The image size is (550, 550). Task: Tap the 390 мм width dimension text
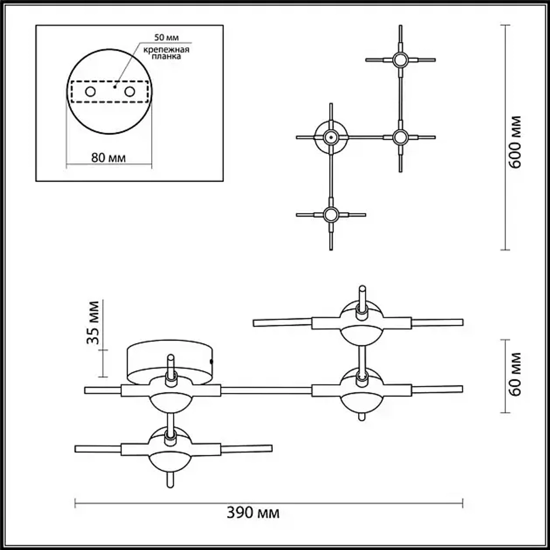[254, 514]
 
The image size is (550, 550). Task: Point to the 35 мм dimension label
[94, 322]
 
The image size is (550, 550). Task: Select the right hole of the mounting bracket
[130, 91]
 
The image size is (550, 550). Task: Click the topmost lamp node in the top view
[400, 59]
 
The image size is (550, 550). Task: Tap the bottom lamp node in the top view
[330, 215]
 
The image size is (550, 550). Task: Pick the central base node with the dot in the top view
[331, 137]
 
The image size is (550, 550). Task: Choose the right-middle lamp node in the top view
[400, 137]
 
